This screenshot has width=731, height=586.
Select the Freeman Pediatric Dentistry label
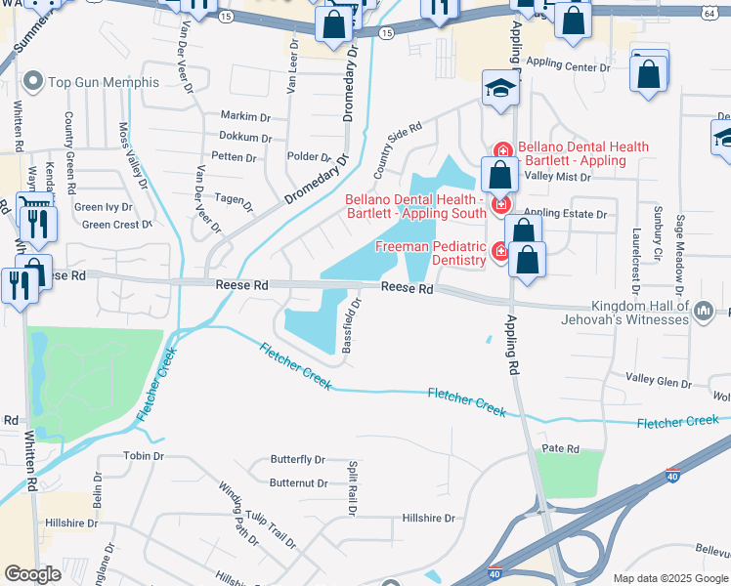coord(432,253)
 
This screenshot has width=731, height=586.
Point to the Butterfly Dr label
coord(297,460)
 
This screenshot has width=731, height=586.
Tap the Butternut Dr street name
coord(297,482)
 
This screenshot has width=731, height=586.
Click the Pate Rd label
coord(561,449)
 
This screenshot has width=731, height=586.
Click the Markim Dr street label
coord(244,116)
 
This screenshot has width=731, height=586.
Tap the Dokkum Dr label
coord(243,137)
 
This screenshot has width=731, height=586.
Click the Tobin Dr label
coord(142,456)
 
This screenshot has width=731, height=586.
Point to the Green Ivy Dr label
coord(103,207)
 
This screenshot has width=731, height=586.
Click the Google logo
coord(32,575)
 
